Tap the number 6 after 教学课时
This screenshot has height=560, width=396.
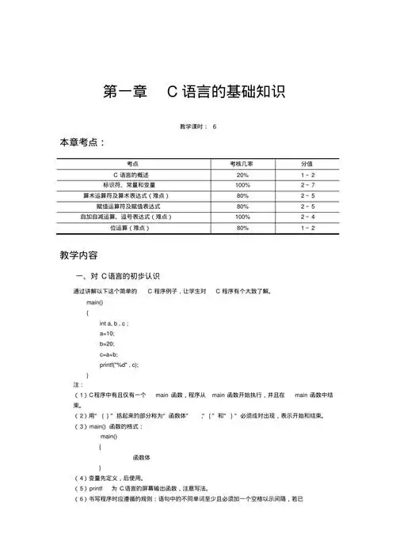point(214,127)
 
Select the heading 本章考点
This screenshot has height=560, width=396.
point(83,142)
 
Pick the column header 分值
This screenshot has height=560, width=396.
point(307,163)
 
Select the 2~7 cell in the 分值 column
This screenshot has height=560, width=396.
point(307,184)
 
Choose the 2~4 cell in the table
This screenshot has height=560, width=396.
point(307,217)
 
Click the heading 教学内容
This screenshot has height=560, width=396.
point(78,255)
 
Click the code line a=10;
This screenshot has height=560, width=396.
point(108,334)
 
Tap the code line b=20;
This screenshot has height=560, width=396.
point(108,344)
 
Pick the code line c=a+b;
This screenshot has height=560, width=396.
point(109,354)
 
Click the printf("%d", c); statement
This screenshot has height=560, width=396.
point(124,365)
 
